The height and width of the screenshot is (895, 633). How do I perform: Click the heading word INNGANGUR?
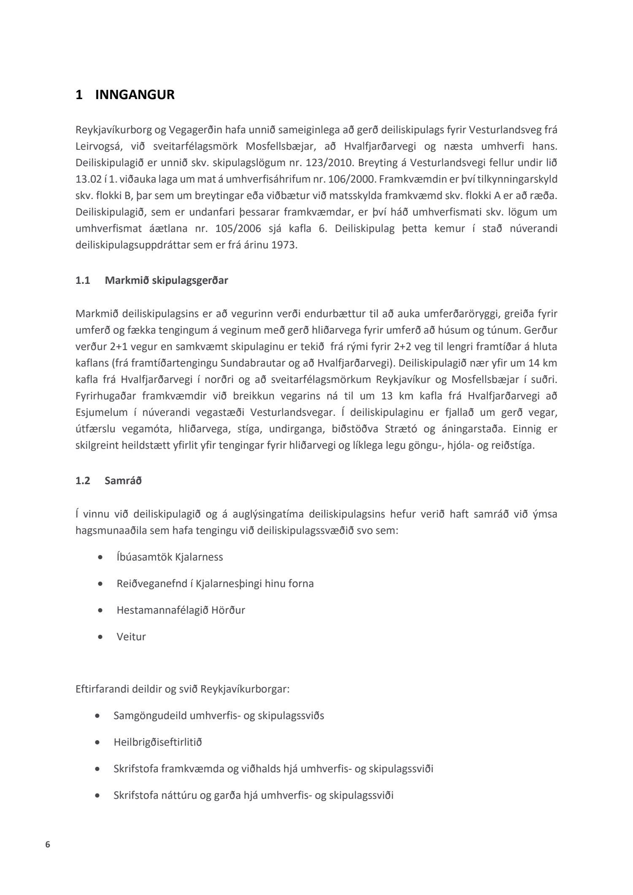(x=135, y=95)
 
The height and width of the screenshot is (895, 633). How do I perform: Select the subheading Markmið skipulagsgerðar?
(x=166, y=280)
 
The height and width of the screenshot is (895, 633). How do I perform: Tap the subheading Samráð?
(x=123, y=481)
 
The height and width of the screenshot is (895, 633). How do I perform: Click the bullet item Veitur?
(x=131, y=637)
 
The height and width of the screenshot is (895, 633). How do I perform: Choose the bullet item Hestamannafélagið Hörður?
(x=181, y=610)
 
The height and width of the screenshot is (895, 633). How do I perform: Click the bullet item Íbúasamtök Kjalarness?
(x=170, y=557)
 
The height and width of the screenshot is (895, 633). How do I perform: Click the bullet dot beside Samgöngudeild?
(x=98, y=716)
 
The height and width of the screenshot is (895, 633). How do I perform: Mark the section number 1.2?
(x=83, y=481)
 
